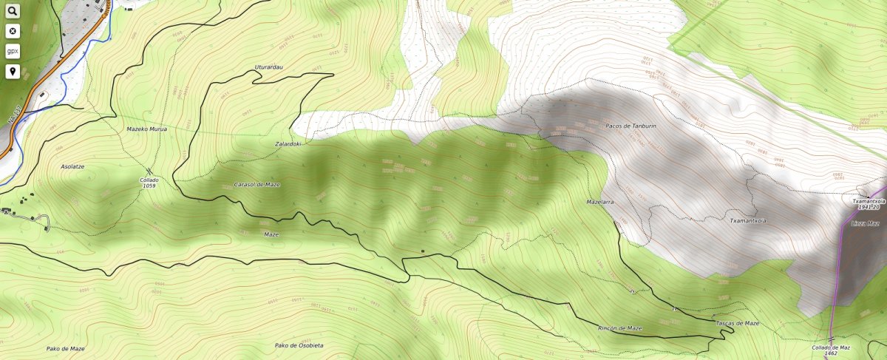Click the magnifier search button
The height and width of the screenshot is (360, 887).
13,12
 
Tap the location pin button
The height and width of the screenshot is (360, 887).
13,72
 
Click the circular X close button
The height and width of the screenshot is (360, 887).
13,32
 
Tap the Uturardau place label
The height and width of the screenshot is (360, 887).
269,67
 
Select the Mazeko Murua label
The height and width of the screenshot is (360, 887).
147,129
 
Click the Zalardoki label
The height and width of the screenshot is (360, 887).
288,144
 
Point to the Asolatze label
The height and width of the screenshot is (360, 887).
72,166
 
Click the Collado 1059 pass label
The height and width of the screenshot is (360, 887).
149,183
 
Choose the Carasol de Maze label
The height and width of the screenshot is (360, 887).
256,184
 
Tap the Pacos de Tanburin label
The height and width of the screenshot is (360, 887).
631,126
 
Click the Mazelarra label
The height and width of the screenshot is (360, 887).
600,201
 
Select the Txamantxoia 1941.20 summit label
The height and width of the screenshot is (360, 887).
869,204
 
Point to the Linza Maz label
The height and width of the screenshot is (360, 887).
865,223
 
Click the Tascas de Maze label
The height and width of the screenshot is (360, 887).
737,323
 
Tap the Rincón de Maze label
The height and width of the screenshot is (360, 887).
619,327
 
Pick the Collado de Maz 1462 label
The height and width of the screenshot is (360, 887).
830,350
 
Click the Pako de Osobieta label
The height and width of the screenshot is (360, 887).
299,345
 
